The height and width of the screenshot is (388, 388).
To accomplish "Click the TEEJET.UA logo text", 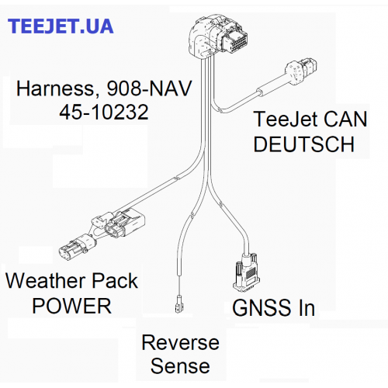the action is coord(61,26).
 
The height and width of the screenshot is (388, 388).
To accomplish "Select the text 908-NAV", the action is coord(149,88).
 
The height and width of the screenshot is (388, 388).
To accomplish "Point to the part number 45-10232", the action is coord(104,112).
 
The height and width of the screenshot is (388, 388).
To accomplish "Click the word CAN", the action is coord(345,119).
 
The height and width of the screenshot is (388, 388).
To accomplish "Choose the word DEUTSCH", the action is coord(303,144).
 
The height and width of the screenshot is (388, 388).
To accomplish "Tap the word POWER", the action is coord(71,306).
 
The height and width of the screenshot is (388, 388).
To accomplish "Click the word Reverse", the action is coord(181,342).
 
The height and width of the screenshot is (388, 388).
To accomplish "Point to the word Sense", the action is coord(180,366).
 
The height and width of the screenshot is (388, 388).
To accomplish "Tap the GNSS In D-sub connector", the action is coord(246,273).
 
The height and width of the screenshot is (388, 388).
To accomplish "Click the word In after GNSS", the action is coord(307,307).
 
